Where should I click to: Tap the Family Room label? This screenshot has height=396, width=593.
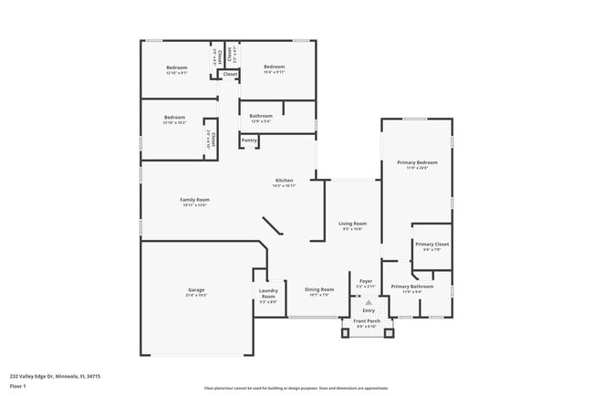click(194, 200)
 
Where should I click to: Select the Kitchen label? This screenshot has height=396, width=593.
click(285, 181)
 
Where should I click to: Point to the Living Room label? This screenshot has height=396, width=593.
click(353, 224)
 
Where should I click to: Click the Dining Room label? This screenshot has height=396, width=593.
click(319, 289)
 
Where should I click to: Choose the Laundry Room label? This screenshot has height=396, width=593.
click(268, 294)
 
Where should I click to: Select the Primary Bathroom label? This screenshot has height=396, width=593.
click(412, 287)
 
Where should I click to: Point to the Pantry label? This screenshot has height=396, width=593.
click(249, 140)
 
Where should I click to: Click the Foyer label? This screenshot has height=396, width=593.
click(366, 281)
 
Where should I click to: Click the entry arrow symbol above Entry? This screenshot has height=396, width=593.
click(369, 301)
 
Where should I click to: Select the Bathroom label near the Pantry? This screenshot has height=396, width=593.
click(262, 116)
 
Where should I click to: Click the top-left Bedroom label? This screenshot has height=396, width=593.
click(176, 68)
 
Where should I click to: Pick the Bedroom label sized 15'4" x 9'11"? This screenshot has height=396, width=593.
click(275, 67)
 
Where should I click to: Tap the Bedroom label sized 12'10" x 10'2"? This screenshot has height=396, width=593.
click(175, 117)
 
